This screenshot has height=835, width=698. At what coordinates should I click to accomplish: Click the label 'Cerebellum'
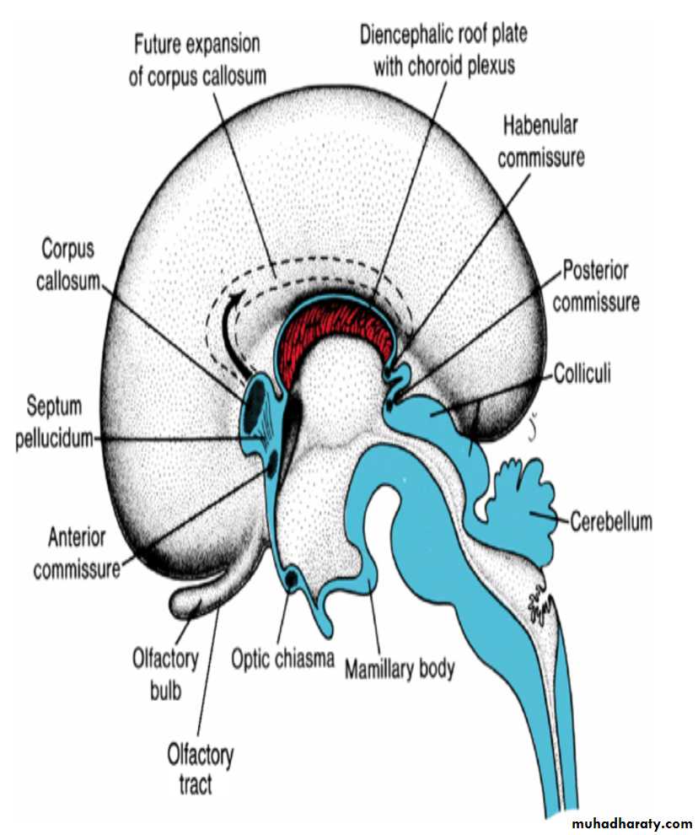pos(611,521)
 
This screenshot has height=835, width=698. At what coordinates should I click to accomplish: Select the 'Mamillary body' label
pos(399,669)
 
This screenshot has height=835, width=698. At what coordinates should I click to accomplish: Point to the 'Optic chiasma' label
pos(283,657)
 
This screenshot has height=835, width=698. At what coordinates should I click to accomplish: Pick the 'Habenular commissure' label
pos(540,141)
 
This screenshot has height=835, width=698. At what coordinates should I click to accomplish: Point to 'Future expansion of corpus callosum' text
pos(196,58)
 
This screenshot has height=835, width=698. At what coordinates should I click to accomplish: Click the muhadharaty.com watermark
pos(631,822)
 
